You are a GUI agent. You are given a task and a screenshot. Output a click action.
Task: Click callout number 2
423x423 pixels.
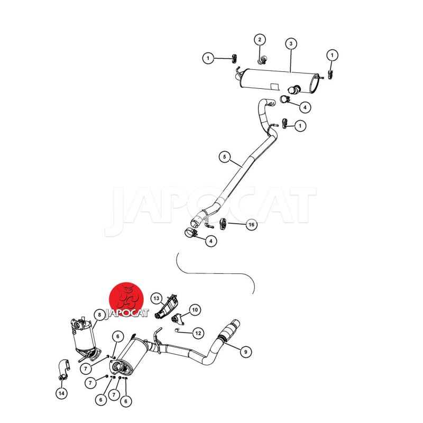click(260, 40)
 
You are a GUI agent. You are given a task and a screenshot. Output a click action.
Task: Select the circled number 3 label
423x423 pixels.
click(291, 43)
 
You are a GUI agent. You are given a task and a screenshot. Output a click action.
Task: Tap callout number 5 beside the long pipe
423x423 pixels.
click(225, 157)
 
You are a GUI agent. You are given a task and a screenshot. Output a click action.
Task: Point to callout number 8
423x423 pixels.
click(99, 315)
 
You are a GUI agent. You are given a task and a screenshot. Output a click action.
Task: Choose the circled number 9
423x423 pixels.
click(245, 352)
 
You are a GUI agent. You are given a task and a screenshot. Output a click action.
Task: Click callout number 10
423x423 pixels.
click(195, 310)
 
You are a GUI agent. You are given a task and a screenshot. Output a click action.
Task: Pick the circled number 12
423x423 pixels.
click(198, 333)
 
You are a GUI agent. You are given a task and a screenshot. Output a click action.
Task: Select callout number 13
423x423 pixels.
click(157, 298)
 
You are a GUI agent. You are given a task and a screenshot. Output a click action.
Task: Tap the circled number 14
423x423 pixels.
click(61, 393)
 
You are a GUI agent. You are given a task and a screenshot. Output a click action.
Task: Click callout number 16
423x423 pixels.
click(251, 224)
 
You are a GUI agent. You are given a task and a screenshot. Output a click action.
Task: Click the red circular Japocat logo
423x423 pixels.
click(126, 301)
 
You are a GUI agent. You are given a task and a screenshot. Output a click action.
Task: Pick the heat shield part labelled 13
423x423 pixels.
click(166, 308)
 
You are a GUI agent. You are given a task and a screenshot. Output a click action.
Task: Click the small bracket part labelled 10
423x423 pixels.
click(178, 319)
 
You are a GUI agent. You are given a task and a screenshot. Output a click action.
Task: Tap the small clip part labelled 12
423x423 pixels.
click(177, 329)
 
